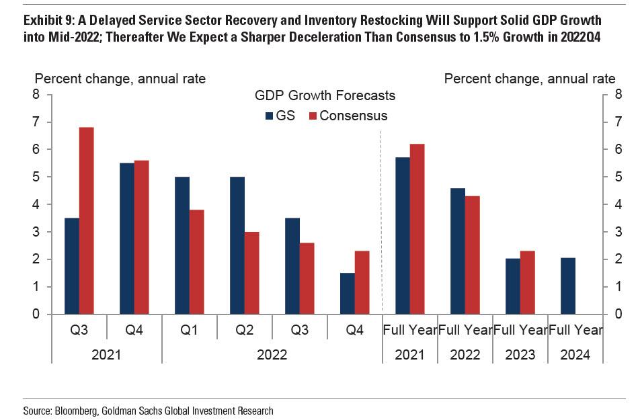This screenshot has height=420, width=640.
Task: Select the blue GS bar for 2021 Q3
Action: coord(72,266)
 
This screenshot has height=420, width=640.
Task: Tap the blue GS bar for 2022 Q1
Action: coord(182,245)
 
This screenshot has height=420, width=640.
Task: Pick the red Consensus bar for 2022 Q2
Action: coord(251,273)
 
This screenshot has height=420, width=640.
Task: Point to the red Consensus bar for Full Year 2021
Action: coord(417,229)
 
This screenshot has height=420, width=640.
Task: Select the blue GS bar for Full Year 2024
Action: coord(568,286)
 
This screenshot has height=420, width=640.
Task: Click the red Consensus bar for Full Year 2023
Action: coord(527,282)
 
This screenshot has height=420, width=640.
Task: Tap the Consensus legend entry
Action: coord(348,116)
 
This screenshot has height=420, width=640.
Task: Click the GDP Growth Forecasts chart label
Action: coord(325,95)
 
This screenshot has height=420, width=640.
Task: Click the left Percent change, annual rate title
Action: coord(120,79)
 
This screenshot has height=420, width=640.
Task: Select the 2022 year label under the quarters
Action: coord(272,355)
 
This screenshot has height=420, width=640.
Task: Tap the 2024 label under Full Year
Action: coord(575,355)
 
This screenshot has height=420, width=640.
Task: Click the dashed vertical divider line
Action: coord(381,222)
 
